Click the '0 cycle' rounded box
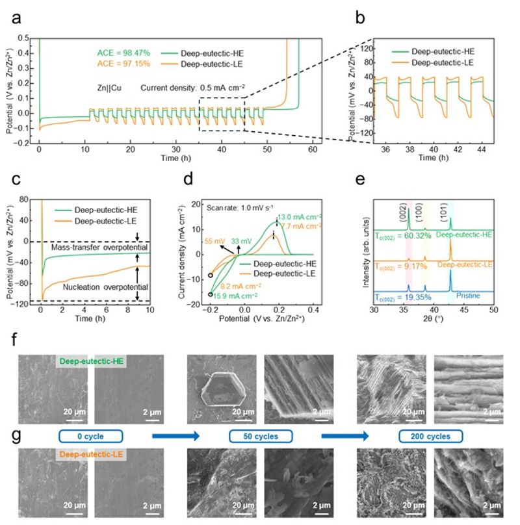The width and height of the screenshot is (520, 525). pos(91,435)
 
